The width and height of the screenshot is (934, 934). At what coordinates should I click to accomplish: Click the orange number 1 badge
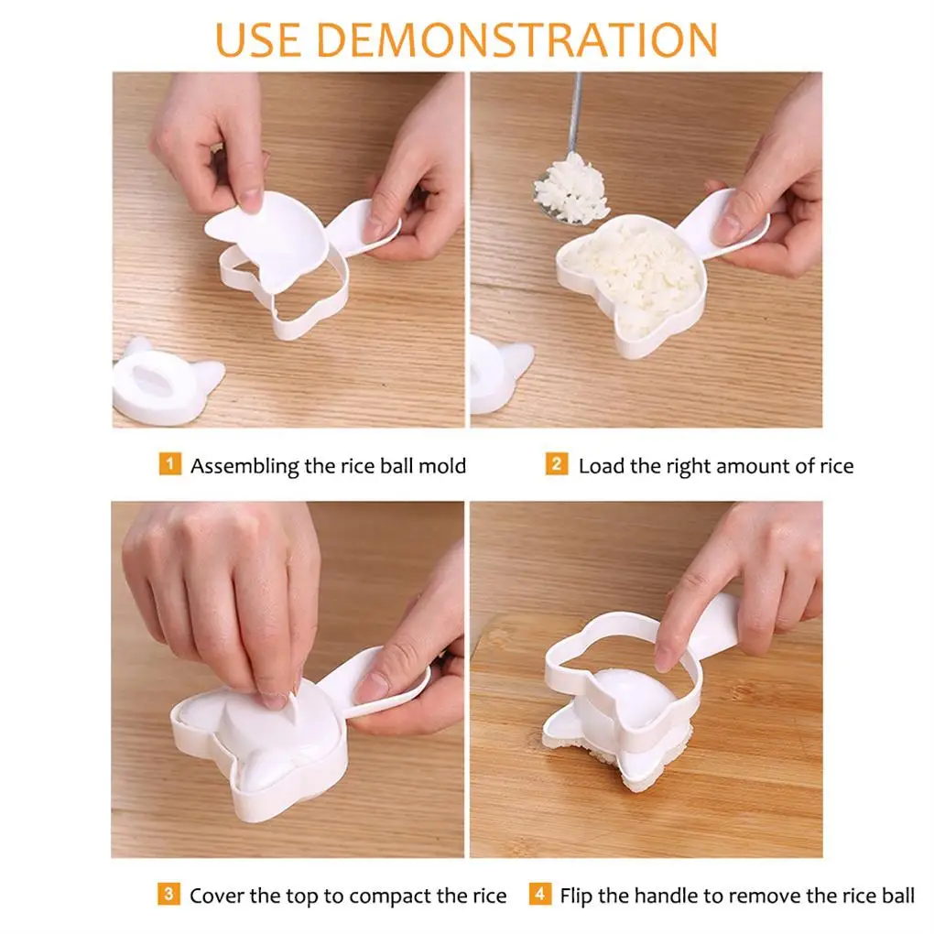coord(169,463)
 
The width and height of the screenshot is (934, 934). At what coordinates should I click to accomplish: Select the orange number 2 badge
coord(557,463)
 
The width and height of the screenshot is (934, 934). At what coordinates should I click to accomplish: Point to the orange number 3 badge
coord(169,894)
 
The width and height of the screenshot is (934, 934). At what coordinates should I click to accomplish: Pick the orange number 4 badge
coord(539,894)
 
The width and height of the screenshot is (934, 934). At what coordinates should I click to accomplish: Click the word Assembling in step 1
coord(244,466)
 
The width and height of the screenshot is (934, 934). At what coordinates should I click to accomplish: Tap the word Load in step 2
coord(601,466)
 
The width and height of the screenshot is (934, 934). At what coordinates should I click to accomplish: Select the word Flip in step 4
coord(577,896)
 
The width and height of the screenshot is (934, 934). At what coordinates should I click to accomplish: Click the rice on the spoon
coord(572,187)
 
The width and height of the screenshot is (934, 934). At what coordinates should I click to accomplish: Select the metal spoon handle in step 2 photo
coord(576,113)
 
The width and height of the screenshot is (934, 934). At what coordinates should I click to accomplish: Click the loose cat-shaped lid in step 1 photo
coord(165,380)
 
